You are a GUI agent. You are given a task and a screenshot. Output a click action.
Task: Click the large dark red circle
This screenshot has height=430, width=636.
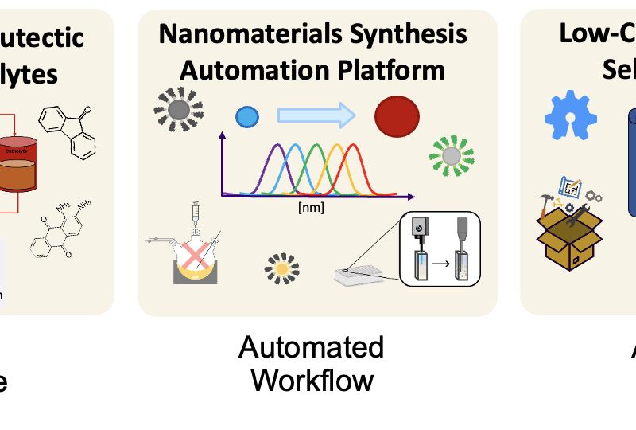click(x=397, y=115)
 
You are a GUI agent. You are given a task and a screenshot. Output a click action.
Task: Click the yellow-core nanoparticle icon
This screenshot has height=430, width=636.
click(x=281, y=269)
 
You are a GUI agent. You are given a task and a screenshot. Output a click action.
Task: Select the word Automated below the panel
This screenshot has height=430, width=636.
click(x=311, y=348)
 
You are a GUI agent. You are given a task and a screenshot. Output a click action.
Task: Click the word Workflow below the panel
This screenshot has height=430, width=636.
click(x=312, y=380)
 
